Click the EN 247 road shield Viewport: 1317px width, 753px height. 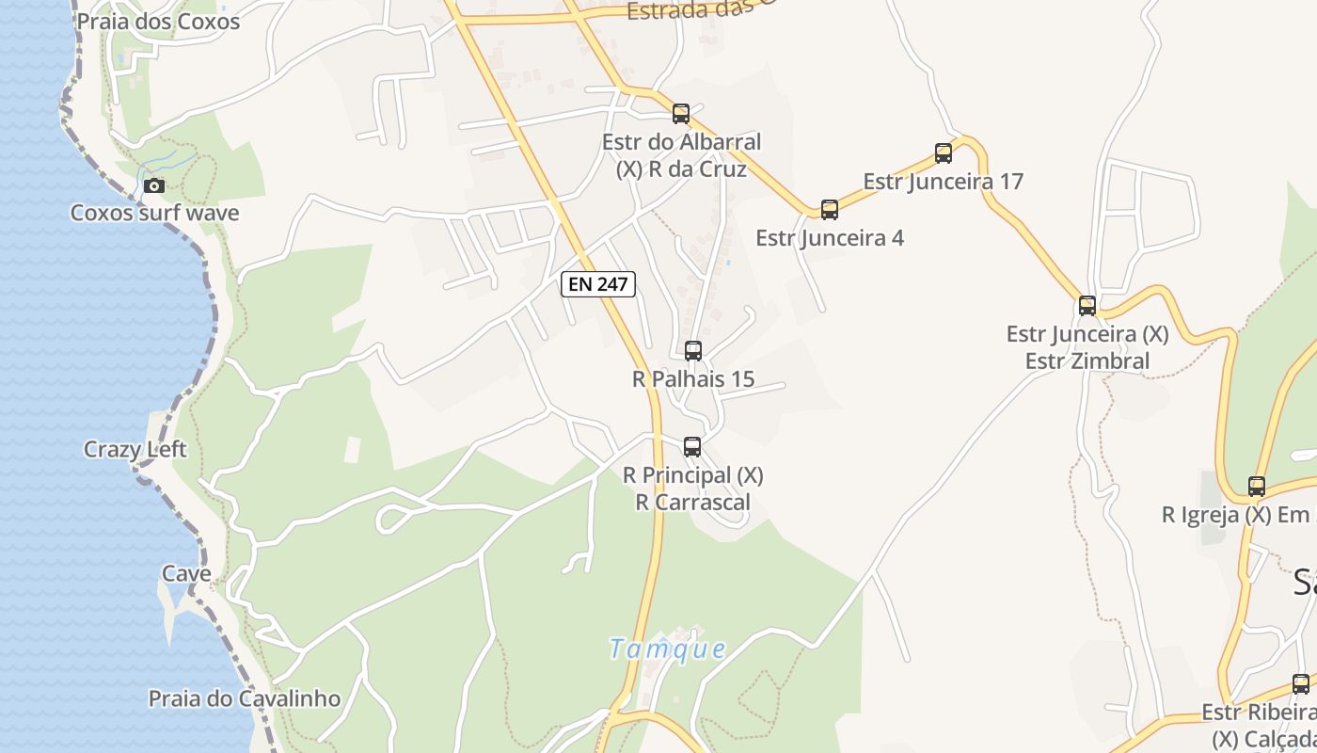pos(598,283)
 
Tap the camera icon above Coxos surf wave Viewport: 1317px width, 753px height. pos(154,185)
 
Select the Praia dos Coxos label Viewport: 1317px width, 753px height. pos(158,22)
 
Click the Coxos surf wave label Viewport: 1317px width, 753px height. pos(154,213)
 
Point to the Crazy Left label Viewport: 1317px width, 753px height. pos(135,449)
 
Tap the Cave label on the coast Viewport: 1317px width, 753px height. pos(186,573)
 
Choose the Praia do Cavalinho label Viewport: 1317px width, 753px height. pos(245,698)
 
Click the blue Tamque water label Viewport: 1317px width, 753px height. pos(667,649)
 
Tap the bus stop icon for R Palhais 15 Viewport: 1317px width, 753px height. pos(693,351)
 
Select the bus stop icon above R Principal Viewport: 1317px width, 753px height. pos(692,447)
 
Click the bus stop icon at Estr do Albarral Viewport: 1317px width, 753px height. pos(681,114)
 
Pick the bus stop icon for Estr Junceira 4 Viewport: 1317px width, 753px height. pos(830,210)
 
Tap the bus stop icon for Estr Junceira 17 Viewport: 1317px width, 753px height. pos(944,153)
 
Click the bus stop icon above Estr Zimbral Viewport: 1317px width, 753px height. pos(1087,306)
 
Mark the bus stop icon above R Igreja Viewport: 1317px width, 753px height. pos(1257,487)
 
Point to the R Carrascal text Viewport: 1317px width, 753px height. pos(693,502)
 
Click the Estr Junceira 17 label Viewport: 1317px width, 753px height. pos(943,181)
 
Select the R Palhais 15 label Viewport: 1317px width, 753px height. pos(693,379)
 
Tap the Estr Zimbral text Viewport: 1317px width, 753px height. pos(1087,360)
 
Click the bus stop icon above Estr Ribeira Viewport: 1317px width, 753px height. pos(1301,684)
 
